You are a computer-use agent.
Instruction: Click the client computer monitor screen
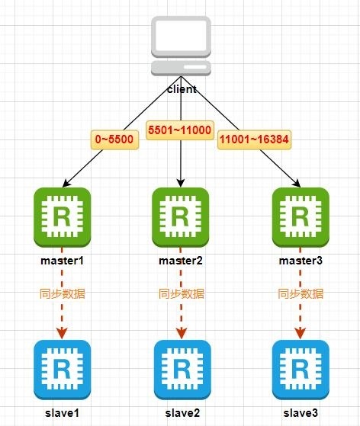[x=181, y=36]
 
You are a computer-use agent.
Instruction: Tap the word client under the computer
[x=182, y=89]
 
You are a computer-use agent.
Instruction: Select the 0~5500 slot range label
[x=114, y=139]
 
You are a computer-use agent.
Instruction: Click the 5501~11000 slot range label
[x=180, y=130]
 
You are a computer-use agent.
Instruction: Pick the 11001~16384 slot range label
[x=254, y=139]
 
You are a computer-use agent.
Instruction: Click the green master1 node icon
[x=63, y=217]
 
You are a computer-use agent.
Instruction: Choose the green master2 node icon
[x=181, y=217]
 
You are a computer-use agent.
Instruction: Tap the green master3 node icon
[x=301, y=217]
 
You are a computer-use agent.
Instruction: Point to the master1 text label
[x=63, y=261]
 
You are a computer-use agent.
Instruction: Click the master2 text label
[x=181, y=261]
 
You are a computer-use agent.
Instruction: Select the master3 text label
[x=301, y=261]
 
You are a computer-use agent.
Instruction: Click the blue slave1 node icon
[x=63, y=370]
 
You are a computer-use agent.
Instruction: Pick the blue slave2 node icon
[x=182, y=370]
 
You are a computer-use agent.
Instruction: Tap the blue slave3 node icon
[x=301, y=370]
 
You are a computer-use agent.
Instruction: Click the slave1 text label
[x=63, y=413]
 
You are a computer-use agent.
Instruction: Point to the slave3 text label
[x=301, y=413]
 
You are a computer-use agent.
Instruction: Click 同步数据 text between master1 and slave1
[x=63, y=294]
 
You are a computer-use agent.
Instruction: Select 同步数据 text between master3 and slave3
[x=301, y=294]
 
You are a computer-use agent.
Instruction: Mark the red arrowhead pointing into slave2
[x=182, y=334]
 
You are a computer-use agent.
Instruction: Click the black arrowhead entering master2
[x=181, y=183]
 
